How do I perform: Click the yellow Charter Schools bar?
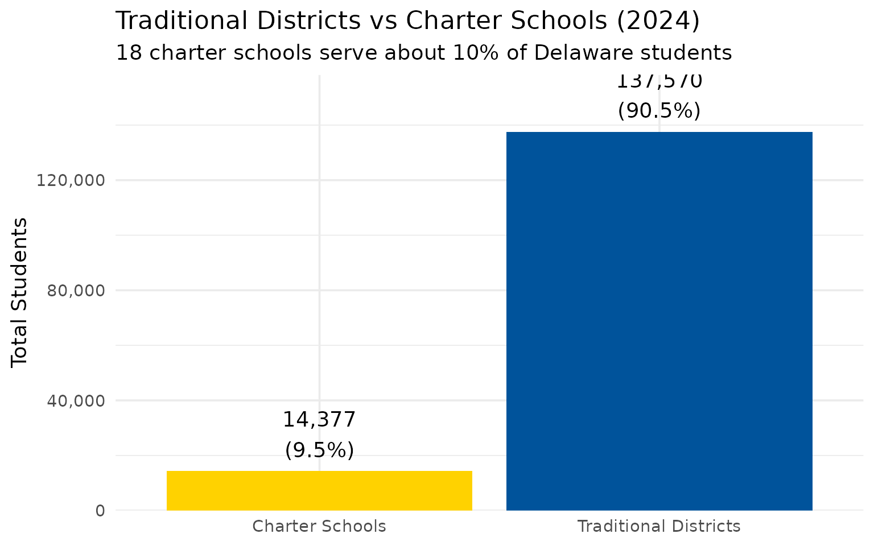pyautogui.click(x=319, y=490)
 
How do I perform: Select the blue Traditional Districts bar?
pyautogui.click(x=659, y=321)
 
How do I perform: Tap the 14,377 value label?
pyautogui.click(x=319, y=420)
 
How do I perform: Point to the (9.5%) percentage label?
pyautogui.click(x=319, y=450)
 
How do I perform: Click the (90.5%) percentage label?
pyautogui.click(x=659, y=110)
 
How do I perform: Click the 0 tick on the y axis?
pyautogui.click(x=100, y=510)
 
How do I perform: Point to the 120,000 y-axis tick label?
pyautogui.click(x=72, y=180)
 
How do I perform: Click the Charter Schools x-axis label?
pyautogui.click(x=319, y=526)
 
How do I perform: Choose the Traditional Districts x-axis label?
pyautogui.click(x=659, y=526)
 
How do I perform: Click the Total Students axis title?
pyautogui.click(x=19, y=292)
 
